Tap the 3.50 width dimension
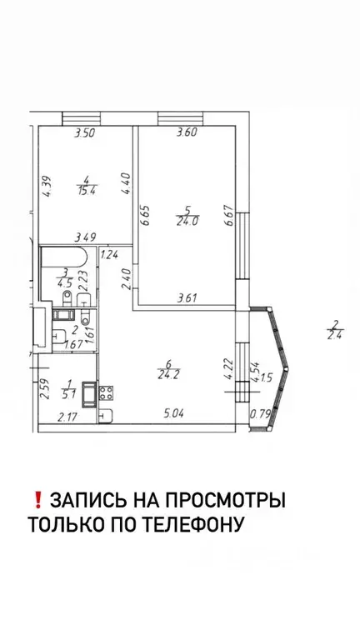click(85, 132)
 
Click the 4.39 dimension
click(48, 184)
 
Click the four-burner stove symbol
click(107, 390)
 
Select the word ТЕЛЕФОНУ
click(192, 525)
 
